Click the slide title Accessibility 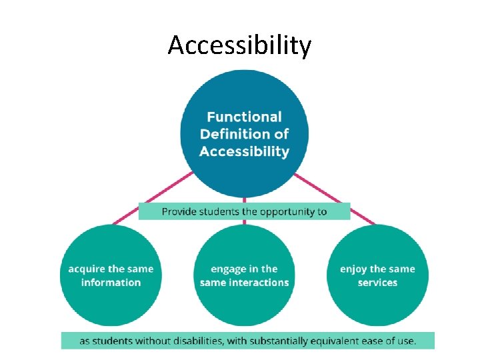coord(239,46)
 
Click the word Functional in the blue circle coord(244,117)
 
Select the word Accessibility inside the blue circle coord(244,151)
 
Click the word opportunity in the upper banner coord(288,212)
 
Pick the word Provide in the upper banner coord(179,212)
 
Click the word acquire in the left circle coord(88,269)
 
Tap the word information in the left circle coord(111,283)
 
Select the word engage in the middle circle coord(228,269)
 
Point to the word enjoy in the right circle coord(354,269)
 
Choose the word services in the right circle coord(377,283)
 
